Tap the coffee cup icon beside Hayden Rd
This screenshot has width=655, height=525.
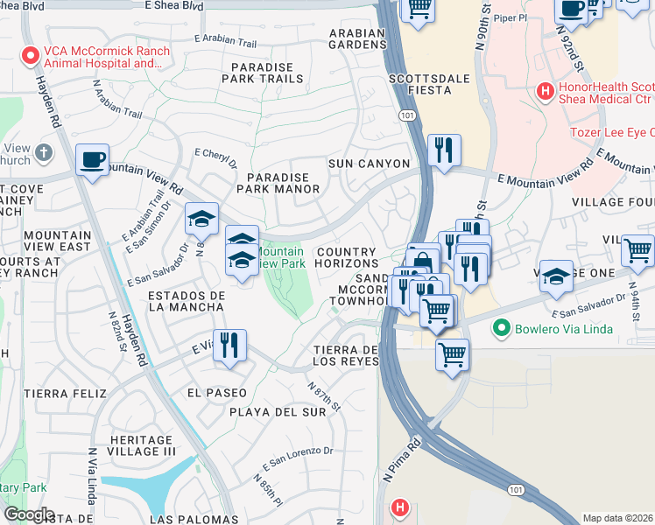tap(92, 160)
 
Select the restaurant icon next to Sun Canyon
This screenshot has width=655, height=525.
tap(444, 150)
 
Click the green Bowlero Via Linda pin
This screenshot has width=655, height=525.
tap(501, 329)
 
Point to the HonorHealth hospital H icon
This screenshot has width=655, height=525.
tap(546, 89)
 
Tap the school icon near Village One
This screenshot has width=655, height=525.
tap(556, 276)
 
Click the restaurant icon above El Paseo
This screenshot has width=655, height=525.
tap(229, 344)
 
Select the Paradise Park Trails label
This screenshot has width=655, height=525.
tap(267, 73)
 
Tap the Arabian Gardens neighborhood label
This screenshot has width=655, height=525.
tap(356, 39)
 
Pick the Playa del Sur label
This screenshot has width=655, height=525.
tap(266, 410)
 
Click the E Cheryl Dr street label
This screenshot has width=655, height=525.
tap(215, 157)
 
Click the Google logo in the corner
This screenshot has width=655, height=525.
tap(29, 514)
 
